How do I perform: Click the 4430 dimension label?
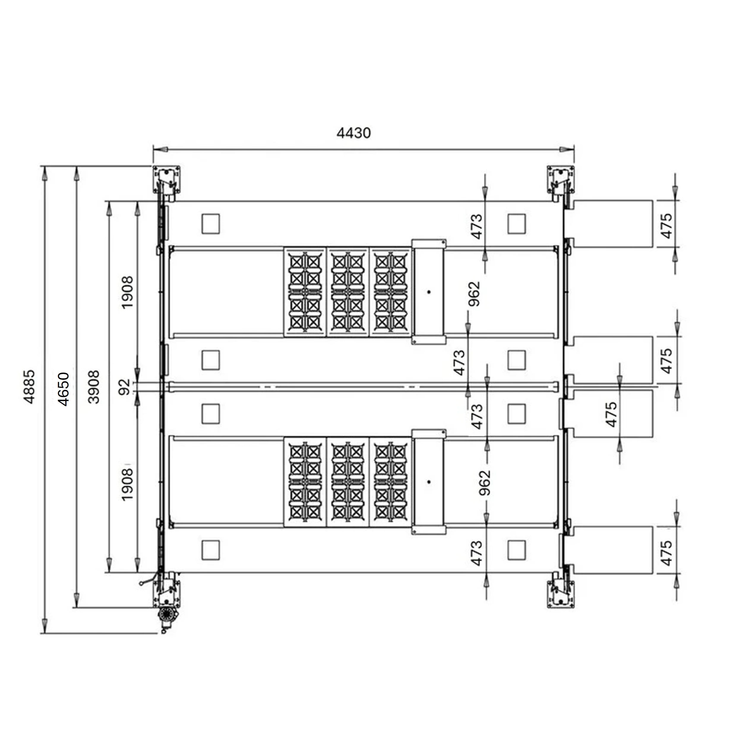(x=353, y=133)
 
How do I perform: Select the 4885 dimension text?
(x=29, y=386)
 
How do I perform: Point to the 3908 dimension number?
(x=94, y=387)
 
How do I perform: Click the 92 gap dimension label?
(x=125, y=387)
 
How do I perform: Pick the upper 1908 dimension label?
(x=127, y=292)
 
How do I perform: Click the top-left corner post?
(x=167, y=180)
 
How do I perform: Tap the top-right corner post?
(x=561, y=180)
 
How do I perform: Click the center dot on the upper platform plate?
(x=429, y=292)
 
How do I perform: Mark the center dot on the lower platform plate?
(x=429, y=482)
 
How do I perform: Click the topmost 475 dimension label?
(x=666, y=226)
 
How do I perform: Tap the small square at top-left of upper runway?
(x=211, y=224)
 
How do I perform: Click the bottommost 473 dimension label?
(x=476, y=553)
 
